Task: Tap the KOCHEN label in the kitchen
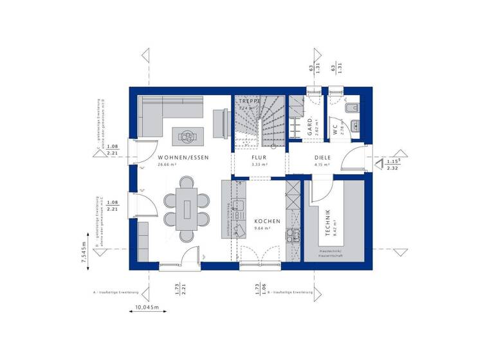[267, 221]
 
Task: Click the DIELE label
[322, 157]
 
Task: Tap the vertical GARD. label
[310, 125]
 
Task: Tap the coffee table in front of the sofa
[187, 135]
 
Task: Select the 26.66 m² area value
[168, 165]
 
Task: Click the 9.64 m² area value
[263, 228]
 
